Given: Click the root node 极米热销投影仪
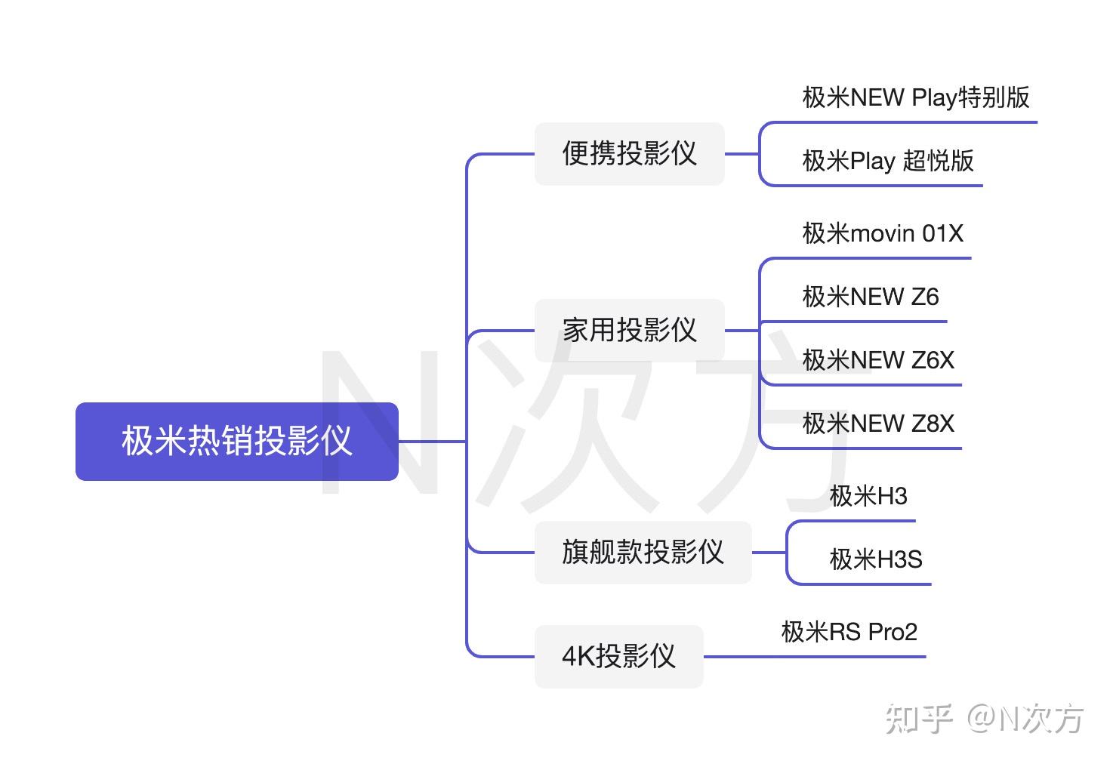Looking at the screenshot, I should pyautogui.click(x=236, y=441).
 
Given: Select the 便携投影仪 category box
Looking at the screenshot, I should pyautogui.click(x=629, y=153).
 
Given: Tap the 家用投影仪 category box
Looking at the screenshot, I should pyautogui.click(x=629, y=330).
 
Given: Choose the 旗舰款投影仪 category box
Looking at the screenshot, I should pyautogui.click(x=643, y=552).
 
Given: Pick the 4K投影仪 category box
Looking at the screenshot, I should pyautogui.click(x=618, y=656).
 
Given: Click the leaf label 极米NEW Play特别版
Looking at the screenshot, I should pyautogui.click(x=916, y=97).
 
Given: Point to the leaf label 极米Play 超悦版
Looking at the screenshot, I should pyautogui.click(x=888, y=161).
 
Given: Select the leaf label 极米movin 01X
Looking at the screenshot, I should pyautogui.click(x=883, y=233).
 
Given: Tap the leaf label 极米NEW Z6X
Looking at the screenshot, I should pyautogui.click(x=878, y=360).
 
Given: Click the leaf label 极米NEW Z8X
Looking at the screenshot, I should pyautogui.click(x=878, y=424).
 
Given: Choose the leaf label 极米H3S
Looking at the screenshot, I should pyautogui.click(x=876, y=559).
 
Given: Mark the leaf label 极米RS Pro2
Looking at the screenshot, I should pyautogui.click(x=849, y=632).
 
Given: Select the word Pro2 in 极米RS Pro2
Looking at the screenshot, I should pyautogui.click(x=893, y=632).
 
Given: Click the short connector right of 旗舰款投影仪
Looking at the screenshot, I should pyautogui.click(x=769, y=553).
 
